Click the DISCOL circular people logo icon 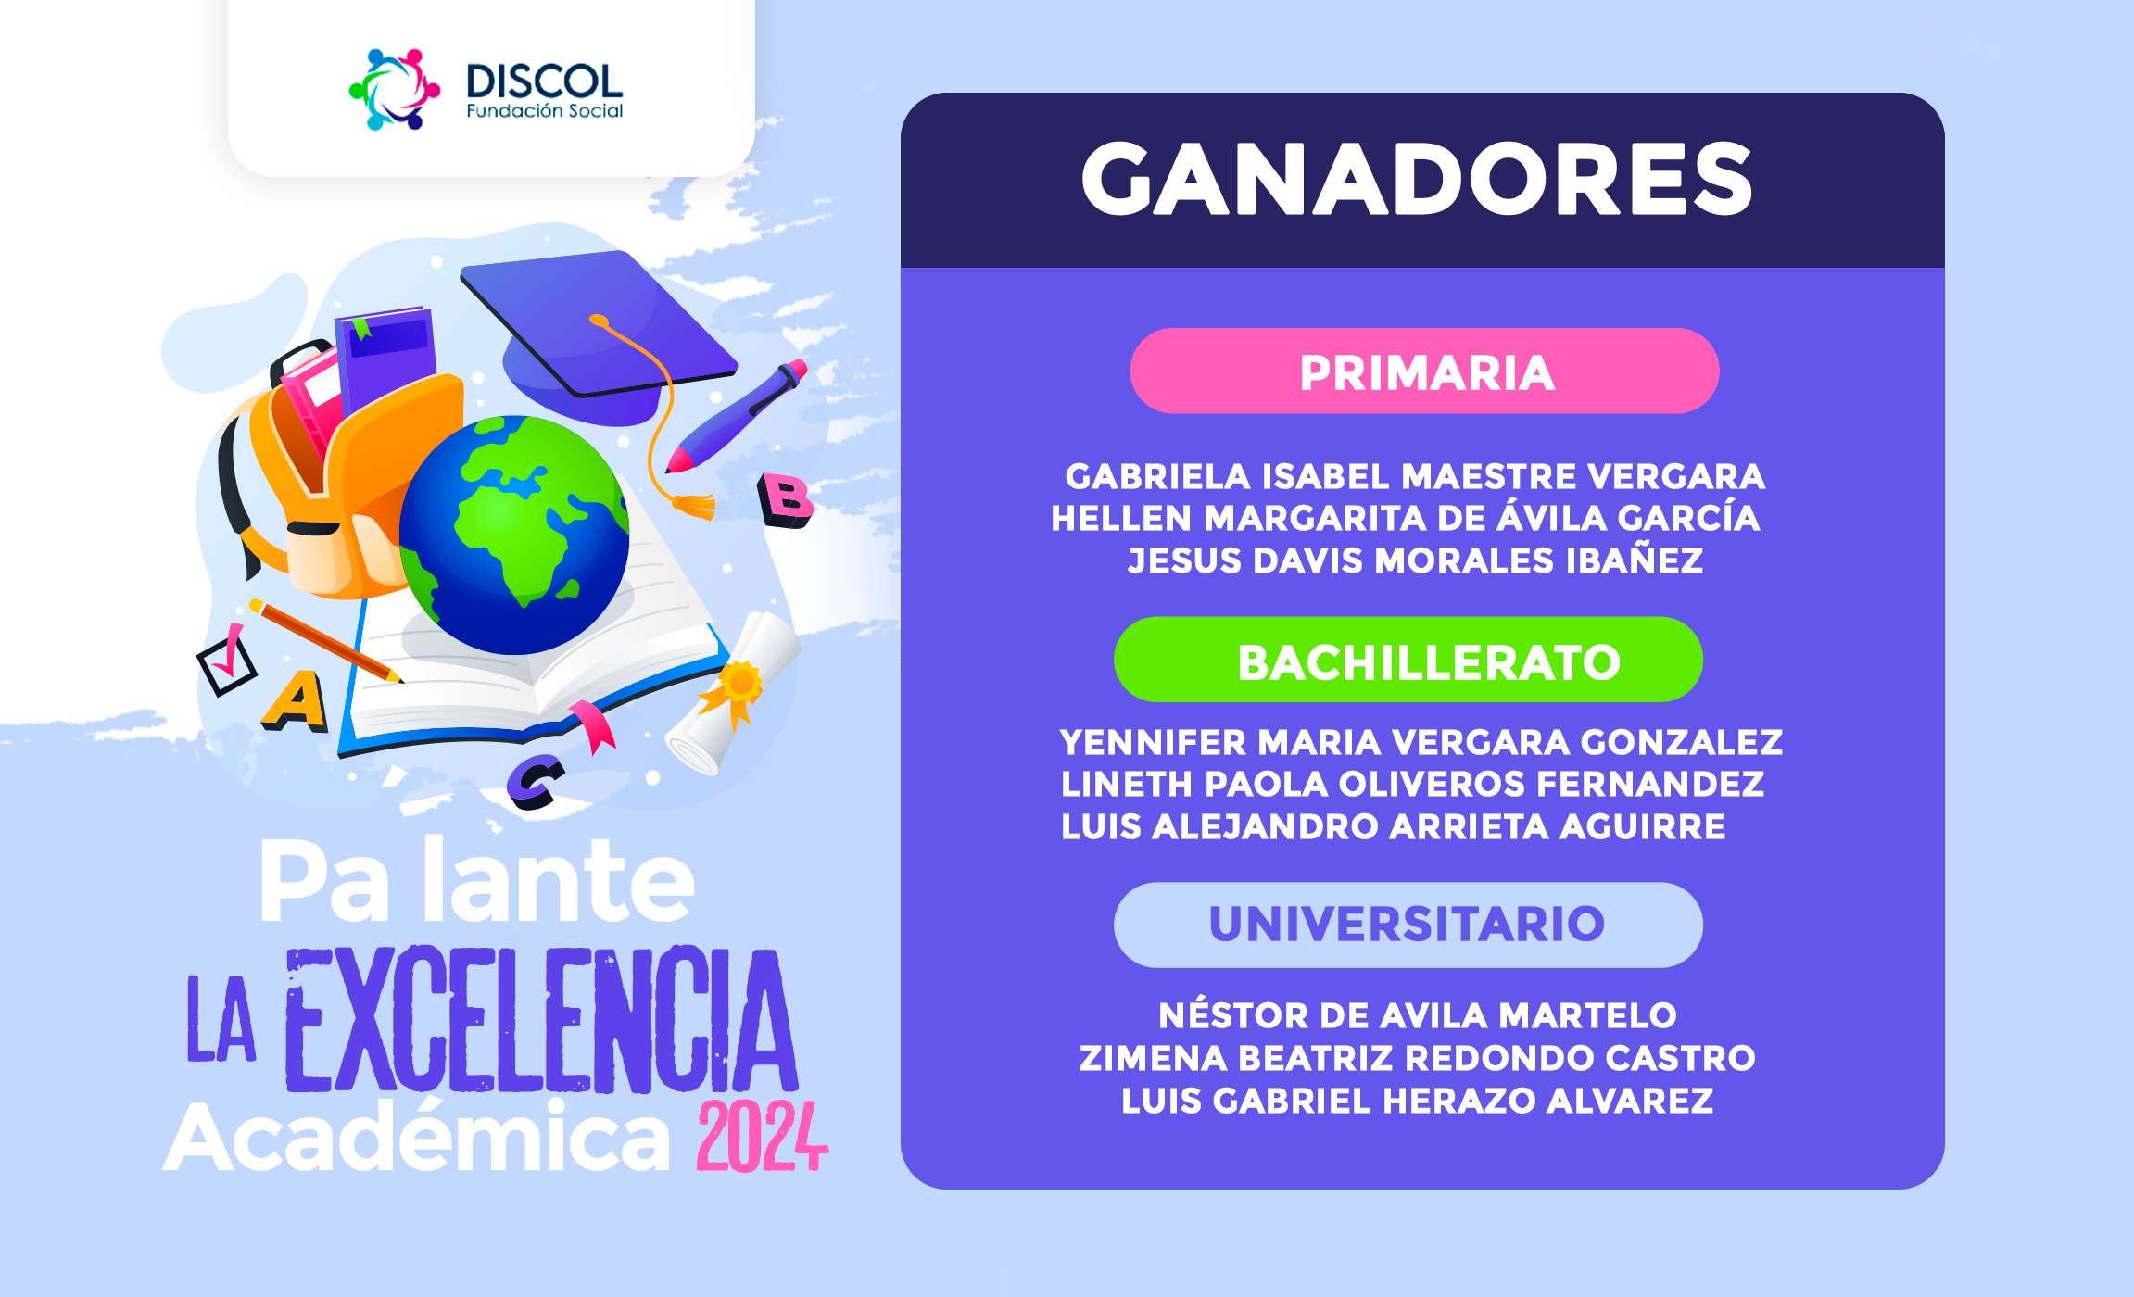[394, 89]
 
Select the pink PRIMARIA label [1425, 371]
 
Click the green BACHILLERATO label [1408, 660]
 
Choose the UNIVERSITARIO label [1408, 925]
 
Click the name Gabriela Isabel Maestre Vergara [1415, 476]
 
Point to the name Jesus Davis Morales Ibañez [1415, 560]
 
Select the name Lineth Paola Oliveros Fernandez [1412, 784]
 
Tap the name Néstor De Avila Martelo [1417, 1014]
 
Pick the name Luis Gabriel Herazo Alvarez [1417, 1101]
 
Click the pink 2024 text [762, 1137]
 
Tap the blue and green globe [514, 535]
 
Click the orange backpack [343, 482]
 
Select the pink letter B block [785, 500]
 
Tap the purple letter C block [536, 782]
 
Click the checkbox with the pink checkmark [226, 662]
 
